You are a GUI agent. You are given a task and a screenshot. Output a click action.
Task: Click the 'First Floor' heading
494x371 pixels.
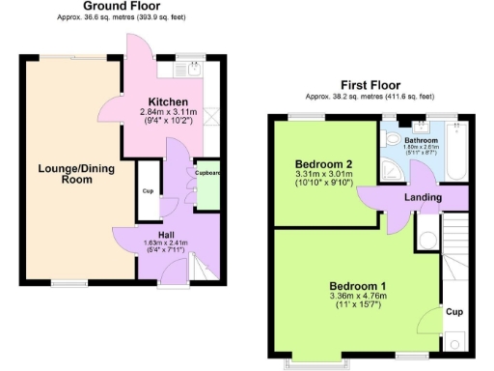click(370, 85)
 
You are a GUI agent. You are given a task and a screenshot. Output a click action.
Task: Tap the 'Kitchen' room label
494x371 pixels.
click(168, 102)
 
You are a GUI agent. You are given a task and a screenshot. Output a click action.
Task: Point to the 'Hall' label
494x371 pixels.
click(166, 233)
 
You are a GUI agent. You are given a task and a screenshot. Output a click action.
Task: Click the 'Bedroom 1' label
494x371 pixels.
click(358, 286)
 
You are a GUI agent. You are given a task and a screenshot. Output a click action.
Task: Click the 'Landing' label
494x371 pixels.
click(424, 197)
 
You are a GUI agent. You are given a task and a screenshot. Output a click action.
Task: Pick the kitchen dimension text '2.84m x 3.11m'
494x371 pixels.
click(168, 113)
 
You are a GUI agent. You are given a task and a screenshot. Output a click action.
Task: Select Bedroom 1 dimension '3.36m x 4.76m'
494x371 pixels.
click(358, 298)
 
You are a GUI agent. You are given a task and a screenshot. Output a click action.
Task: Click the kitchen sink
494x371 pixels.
click(192, 68)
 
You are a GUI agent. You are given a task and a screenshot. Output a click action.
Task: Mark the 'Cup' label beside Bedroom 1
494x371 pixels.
click(453, 312)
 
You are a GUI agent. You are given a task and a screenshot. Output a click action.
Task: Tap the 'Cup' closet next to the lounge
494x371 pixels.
click(148, 190)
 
